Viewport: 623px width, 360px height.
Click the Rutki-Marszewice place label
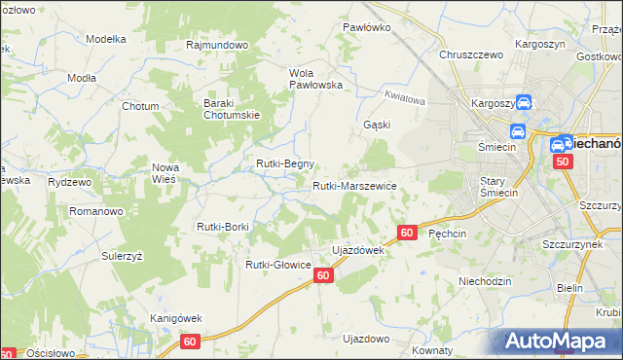[354, 186]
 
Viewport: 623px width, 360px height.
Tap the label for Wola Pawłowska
[316, 78]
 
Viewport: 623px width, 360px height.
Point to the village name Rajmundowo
[218, 45]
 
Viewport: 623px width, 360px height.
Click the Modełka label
[107, 39]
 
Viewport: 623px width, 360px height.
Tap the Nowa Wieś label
[165, 173]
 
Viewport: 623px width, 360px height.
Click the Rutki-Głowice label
[277, 264]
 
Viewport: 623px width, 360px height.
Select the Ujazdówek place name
[358, 250]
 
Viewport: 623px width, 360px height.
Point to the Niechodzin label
[485, 281]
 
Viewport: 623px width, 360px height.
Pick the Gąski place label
[377, 125]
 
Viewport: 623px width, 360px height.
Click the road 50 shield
[563, 163]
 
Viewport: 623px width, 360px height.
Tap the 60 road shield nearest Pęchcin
[408, 233]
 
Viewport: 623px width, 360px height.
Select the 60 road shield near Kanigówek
[190, 342]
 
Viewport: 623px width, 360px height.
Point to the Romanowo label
[93, 210]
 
